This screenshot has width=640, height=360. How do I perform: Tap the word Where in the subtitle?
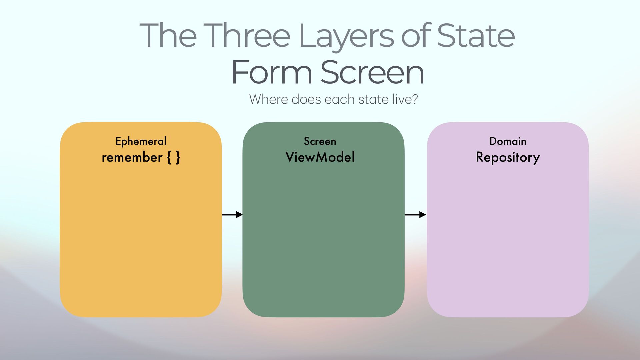coord(268,99)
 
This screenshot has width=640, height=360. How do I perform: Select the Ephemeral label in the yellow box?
coord(141,141)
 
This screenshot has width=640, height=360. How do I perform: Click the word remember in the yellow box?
coord(132,157)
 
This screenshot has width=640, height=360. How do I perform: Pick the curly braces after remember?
coord(173,157)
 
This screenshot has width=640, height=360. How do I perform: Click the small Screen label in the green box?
coord(320,141)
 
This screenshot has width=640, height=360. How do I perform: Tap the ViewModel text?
coord(320,157)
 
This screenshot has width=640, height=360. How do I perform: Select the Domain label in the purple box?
coord(508,141)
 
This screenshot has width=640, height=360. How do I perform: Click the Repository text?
coord(508,157)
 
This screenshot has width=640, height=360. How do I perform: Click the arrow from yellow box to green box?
coord(232,215)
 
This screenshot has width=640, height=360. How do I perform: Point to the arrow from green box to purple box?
coord(415,215)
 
